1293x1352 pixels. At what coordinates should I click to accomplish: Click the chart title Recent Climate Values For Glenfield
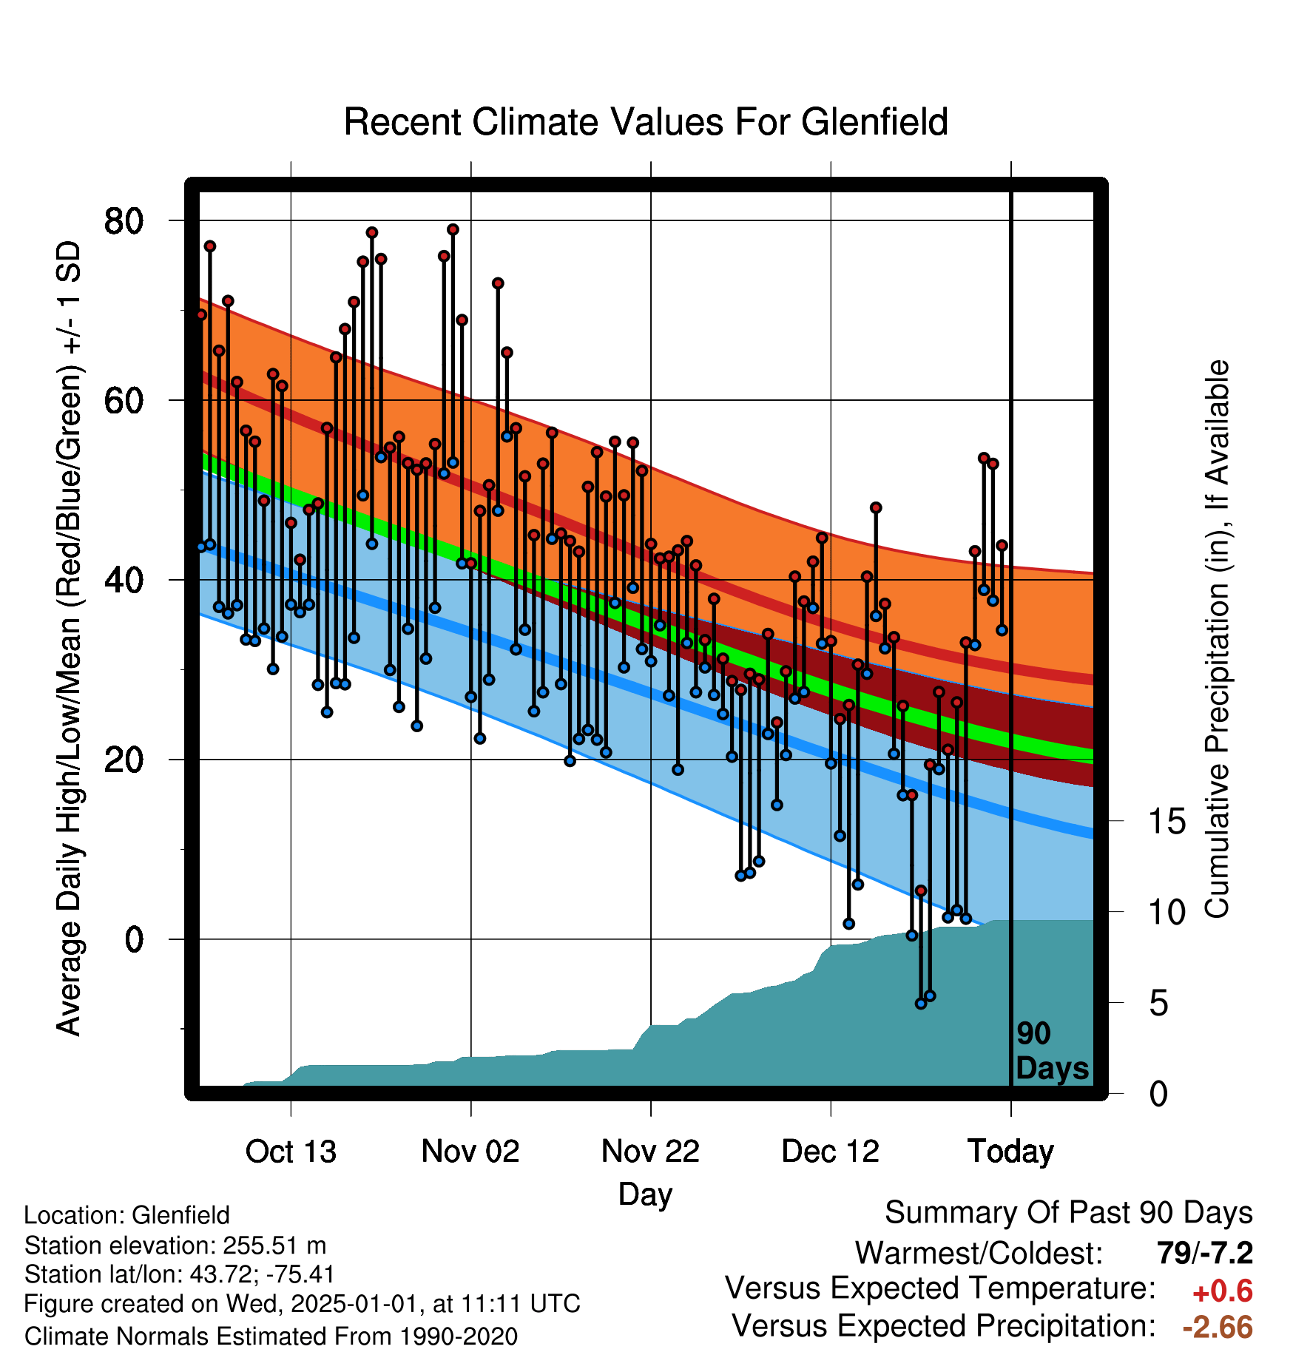[x=646, y=122]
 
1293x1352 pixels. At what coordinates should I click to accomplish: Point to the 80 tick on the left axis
[x=124, y=220]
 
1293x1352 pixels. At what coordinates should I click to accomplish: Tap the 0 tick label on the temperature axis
[x=134, y=939]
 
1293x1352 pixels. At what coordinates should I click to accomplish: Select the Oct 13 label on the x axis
[x=291, y=1152]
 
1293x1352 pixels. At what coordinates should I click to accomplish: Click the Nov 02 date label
[x=470, y=1152]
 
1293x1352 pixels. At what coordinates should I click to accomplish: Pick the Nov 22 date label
[x=650, y=1152]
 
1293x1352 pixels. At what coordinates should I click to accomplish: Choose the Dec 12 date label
[x=830, y=1152]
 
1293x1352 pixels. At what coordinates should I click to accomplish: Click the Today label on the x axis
[x=1010, y=1152]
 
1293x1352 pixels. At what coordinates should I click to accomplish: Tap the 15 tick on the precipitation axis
[x=1167, y=821]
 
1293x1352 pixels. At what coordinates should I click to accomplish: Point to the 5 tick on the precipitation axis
[x=1158, y=1004]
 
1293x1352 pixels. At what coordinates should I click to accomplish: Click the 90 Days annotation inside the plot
[x=1052, y=1051]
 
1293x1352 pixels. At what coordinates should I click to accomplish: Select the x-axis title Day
[x=646, y=1195]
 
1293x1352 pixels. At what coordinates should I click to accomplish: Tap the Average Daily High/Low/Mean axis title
[x=68, y=638]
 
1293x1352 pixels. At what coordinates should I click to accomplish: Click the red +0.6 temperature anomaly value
[x=1223, y=1291]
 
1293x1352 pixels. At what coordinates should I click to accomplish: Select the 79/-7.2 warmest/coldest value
[x=1205, y=1254]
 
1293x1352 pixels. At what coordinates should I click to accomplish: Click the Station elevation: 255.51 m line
[x=175, y=1246]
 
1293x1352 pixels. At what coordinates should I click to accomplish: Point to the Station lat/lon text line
[x=180, y=1275]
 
